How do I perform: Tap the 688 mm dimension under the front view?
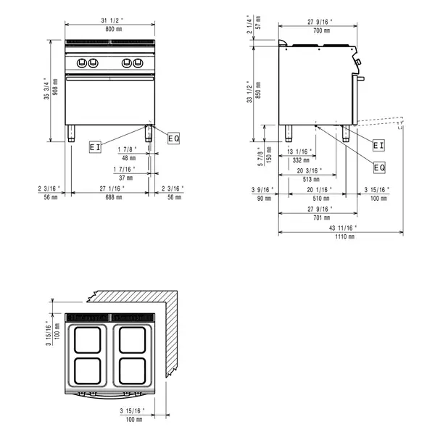tap(110, 197)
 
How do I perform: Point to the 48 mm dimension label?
tap(128, 157)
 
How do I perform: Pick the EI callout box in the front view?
tap(95, 146)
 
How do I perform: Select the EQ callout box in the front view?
tap(173, 138)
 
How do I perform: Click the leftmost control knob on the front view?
tap(81, 62)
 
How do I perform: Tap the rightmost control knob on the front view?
tap(139, 62)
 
